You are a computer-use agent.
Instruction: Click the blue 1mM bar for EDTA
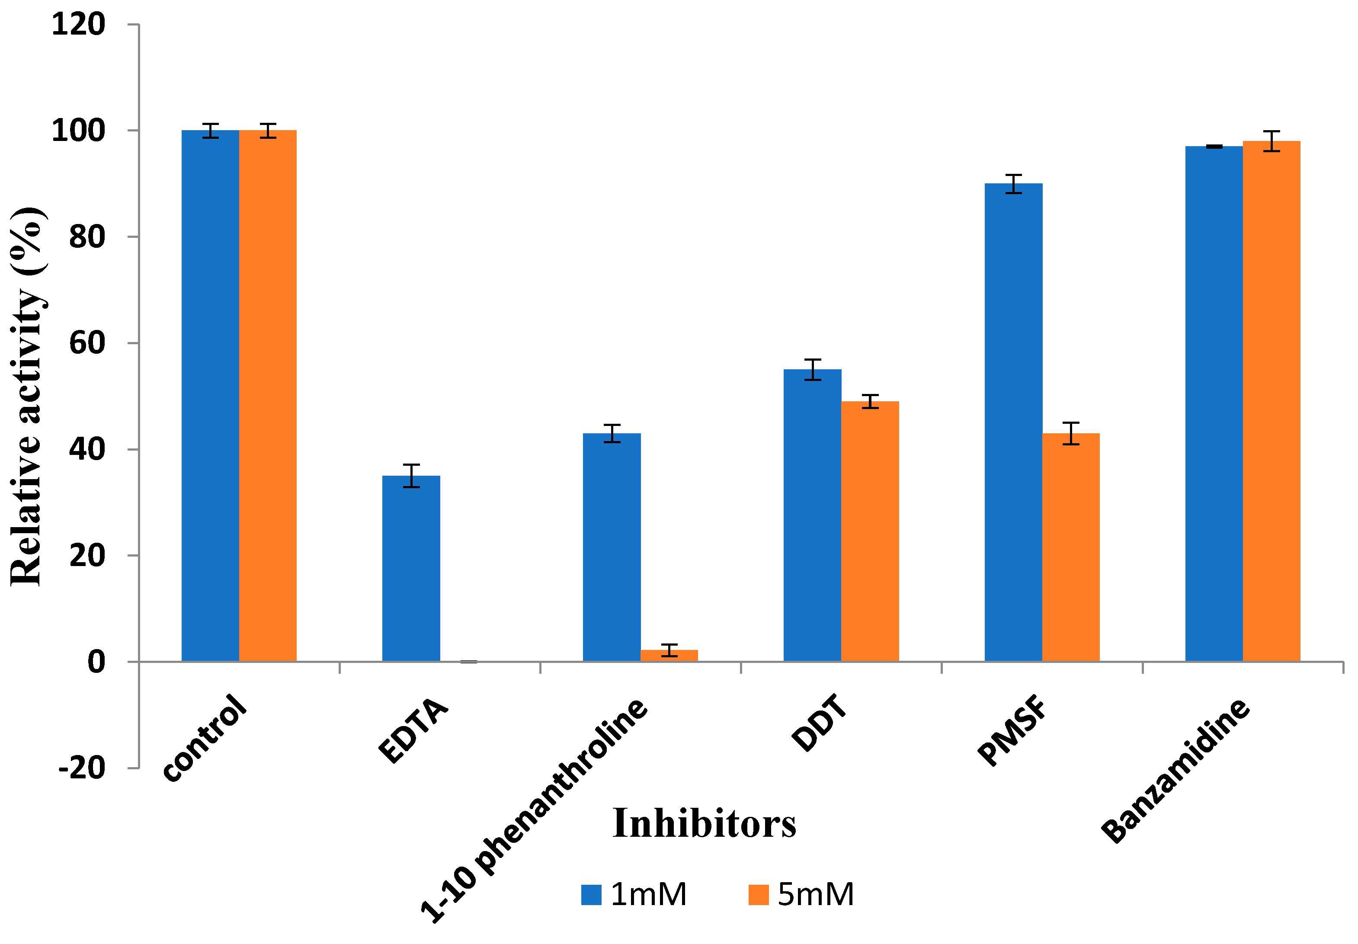[410, 568]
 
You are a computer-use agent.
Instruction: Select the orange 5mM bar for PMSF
[1070, 547]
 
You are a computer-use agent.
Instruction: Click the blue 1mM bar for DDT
[812, 515]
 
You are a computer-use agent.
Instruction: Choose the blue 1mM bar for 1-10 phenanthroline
[612, 547]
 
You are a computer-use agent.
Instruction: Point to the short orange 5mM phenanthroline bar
[669, 656]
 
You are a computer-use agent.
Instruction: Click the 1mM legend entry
[633, 895]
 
